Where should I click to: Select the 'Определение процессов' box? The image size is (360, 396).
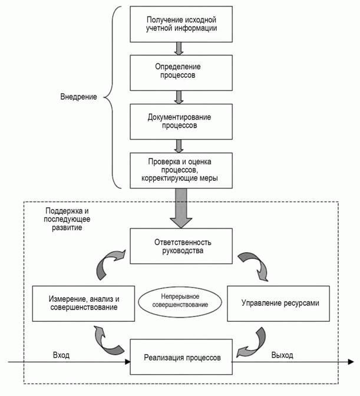coord(179,72)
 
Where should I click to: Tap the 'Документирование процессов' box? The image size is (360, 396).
coord(179,121)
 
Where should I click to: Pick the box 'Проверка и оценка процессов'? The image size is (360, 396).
coord(179,170)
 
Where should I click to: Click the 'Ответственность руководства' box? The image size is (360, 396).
coord(179,246)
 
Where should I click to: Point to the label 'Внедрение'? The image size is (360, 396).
coord(78,96)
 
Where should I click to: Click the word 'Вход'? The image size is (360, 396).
coord(61,355)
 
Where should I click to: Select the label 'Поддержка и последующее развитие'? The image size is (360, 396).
coord(65,218)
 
